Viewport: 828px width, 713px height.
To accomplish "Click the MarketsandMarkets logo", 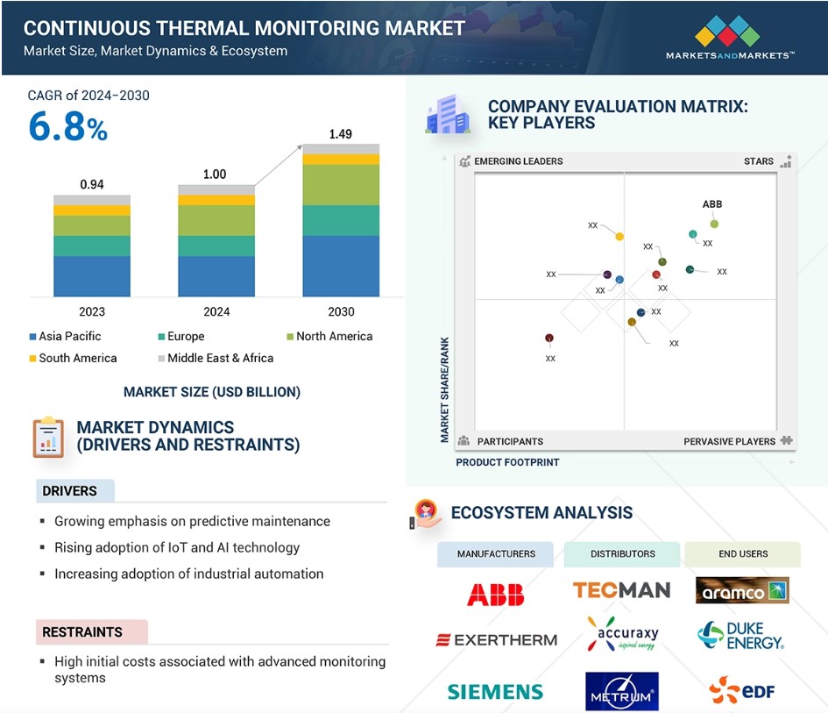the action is (x=730, y=38).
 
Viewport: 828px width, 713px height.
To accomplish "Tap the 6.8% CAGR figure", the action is (x=67, y=127).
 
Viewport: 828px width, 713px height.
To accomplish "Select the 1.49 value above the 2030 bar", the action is (x=341, y=134).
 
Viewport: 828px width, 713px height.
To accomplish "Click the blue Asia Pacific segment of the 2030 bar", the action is (x=341, y=266).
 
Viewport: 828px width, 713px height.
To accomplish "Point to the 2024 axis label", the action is (x=216, y=312).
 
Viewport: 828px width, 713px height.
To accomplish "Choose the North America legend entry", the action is (x=329, y=336).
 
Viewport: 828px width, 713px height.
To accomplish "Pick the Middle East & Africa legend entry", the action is (x=216, y=358).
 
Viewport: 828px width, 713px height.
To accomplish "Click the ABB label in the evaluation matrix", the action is (x=711, y=204).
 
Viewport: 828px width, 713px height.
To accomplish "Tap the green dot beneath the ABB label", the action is (x=714, y=225).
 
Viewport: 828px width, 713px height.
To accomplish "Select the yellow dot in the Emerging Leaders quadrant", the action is (x=619, y=236).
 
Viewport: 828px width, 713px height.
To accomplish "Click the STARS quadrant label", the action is (x=758, y=161).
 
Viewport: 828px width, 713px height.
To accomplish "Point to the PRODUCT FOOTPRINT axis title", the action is (x=507, y=462).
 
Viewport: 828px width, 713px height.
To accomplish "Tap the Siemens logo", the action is (x=495, y=692).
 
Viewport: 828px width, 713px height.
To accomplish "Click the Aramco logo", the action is (x=742, y=590).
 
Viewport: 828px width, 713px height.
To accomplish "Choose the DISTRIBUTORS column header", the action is (x=622, y=554).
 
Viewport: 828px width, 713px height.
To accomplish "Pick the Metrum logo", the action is (x=622, y=691).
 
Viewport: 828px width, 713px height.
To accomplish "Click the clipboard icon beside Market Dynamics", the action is (x=48, y=437).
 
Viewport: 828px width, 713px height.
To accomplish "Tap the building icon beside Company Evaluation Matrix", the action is (x=448, y=114).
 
